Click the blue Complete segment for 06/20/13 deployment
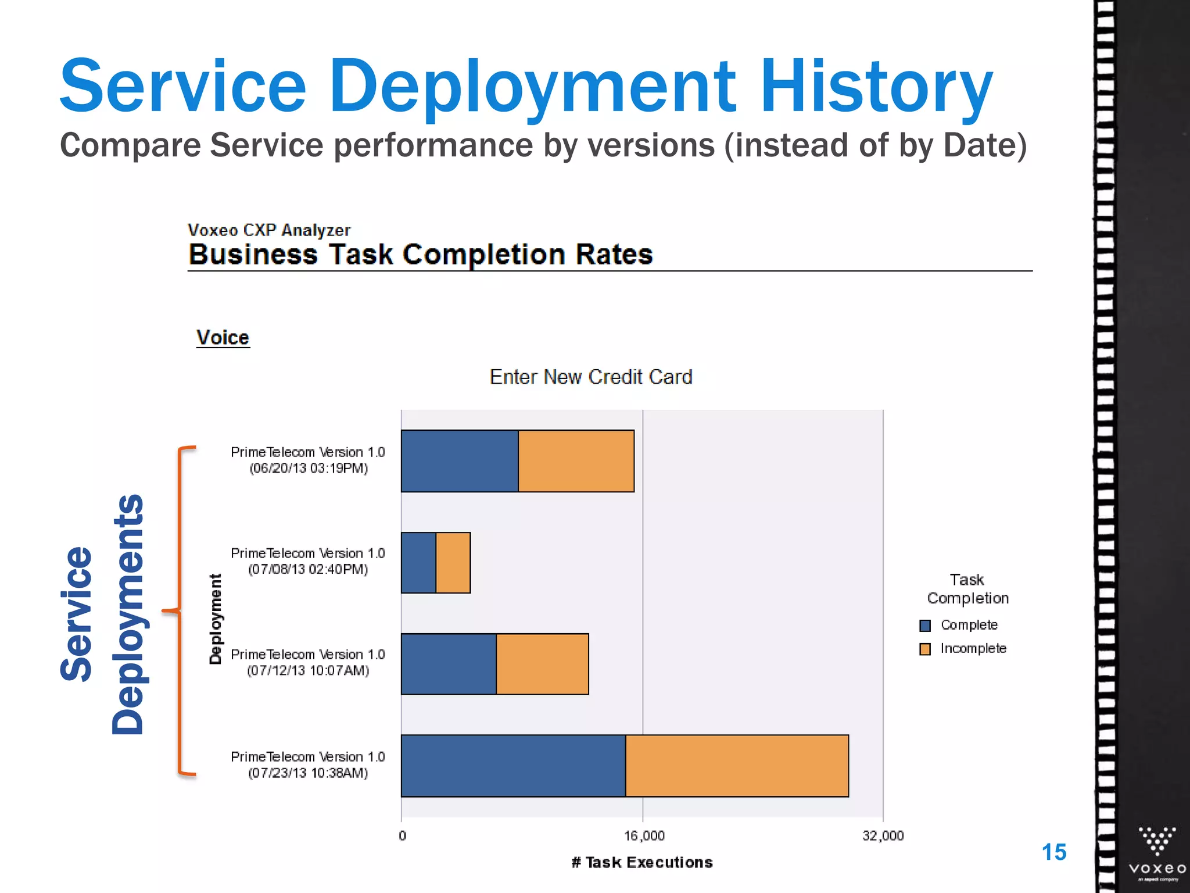coord(460,461)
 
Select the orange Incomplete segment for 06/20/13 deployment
coord(576,461)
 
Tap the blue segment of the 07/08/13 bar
coord(418,563)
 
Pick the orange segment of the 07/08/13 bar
coord(453,563)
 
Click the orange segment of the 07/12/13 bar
coord(542,664)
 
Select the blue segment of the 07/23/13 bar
coord(513,766)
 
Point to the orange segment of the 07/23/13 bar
coord(737,766)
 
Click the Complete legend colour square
coord(925,626)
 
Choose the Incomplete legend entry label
coord(973,648)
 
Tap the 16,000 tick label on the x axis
coord(644,836)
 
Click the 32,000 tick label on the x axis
coord(883,836)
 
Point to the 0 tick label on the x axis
coord(402,836)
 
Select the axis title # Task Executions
coord(642,862)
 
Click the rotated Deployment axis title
coord(216,619)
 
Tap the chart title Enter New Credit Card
coord(591,377)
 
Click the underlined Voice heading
coord(223,338)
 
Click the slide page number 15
coord(1053,852)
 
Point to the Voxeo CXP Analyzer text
coord(269,230)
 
